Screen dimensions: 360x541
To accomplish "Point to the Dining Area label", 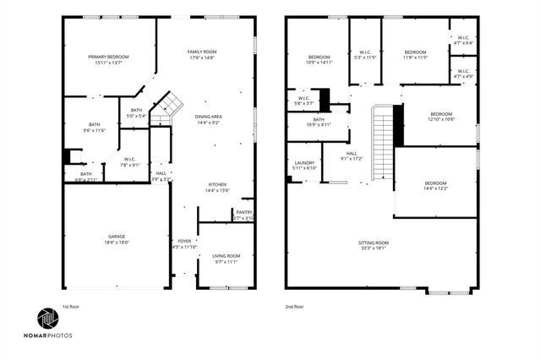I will (x=209, y=119).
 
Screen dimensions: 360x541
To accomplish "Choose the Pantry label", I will (x=243, y=215).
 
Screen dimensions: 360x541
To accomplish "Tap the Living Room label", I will (x=227, y=259).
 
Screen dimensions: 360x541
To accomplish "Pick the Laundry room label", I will (x=303, y=165).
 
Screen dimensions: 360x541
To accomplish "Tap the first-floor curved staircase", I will (x=172, y=106).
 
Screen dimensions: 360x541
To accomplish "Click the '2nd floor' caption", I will (x=295, y=307).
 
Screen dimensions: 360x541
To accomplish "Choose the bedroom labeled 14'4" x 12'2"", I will (x=435, y=186).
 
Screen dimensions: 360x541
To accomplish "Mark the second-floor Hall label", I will (x=351, y=156).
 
